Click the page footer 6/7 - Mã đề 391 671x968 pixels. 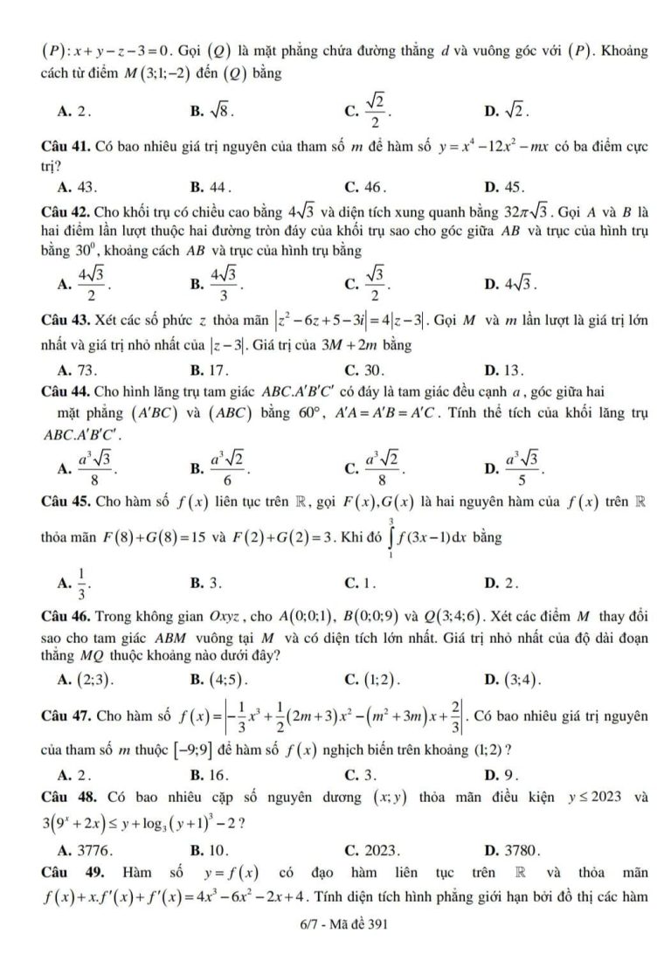pos(335,923)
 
